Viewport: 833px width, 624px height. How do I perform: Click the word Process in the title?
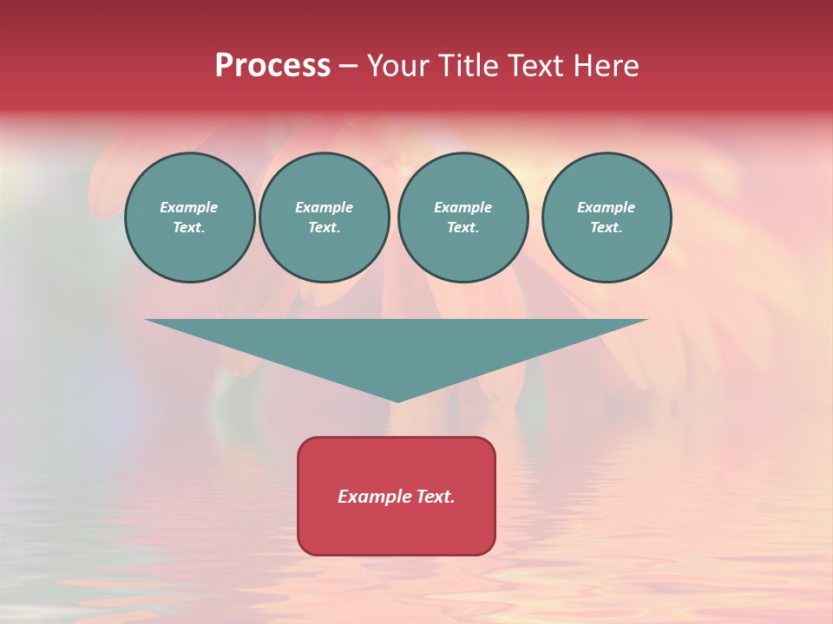coord(272,66)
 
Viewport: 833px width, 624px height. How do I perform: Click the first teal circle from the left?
coord(189,218)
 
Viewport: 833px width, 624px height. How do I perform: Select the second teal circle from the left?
coord(324,218)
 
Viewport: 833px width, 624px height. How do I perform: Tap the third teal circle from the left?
coord(462,218)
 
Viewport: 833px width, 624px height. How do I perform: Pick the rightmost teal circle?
coord(606,218)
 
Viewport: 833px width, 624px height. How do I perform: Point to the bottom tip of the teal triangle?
coord(397,400)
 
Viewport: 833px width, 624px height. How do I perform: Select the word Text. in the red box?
coord(435,497)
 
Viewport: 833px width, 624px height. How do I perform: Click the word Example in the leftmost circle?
coord(189,208)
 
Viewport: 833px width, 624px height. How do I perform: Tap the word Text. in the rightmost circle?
coord(606,228)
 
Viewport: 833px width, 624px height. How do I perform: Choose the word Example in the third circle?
coord(462,208)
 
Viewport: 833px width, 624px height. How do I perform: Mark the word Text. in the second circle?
coord(324,228)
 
